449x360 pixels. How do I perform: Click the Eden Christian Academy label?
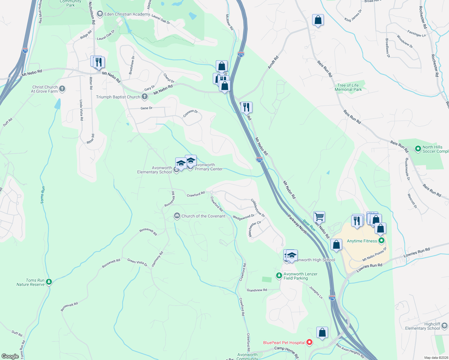click(127, 14)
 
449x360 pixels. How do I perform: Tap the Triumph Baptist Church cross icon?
click(145, 97)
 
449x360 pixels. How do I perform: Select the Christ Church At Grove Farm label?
click(45, 89)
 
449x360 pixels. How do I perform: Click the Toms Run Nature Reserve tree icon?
click(49, 282)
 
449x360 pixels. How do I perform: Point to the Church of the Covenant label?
click(203, 216)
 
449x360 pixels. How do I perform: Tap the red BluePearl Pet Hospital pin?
click(309, 342)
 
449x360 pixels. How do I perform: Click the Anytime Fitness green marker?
click(381, 241)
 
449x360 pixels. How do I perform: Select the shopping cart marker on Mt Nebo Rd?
click(319, 216)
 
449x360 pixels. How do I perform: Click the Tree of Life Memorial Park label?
click(348, 87)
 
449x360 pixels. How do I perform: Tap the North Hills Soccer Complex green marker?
click(418, 148)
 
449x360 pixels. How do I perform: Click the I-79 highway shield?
click(25, 50)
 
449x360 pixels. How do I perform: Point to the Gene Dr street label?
click(146, 108)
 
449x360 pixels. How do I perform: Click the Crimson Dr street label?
click(191, 113)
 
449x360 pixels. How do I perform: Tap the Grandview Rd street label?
click(257, 290)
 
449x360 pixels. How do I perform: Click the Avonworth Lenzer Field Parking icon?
click(279, 275)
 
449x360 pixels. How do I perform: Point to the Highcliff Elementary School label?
click(422, 326)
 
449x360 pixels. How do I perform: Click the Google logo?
click(10, 356)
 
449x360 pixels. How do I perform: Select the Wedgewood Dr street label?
click(243, 217)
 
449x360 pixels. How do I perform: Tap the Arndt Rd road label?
click(273, 62)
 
